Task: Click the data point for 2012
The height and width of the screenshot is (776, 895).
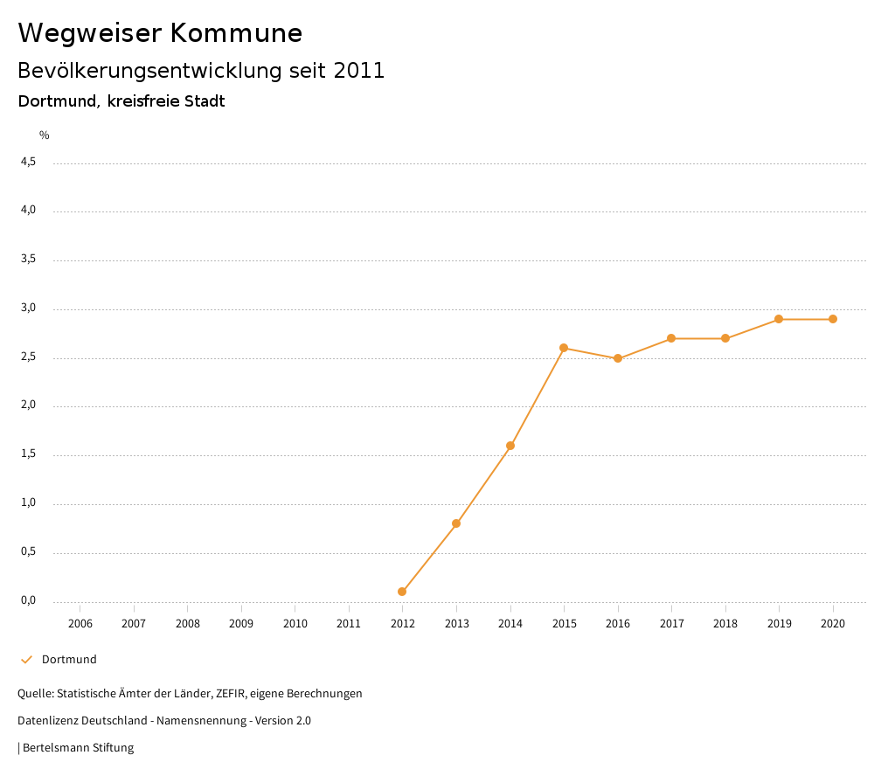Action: coord(402,592)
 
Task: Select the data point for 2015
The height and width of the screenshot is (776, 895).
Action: coord(564,348)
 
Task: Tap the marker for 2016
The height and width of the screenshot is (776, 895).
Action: coord(618,358)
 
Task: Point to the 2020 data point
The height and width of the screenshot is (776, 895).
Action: coord(833,319)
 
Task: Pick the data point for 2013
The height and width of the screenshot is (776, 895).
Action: coord(456,523)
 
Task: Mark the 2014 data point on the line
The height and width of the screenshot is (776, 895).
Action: coord(510,446)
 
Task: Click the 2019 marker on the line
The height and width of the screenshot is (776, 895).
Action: coord(779,319)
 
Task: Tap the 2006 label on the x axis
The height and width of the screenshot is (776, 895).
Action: coord(80,624)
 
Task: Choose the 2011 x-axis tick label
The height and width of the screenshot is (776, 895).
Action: coord(349,624)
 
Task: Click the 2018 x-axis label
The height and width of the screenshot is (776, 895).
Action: coord(725,624)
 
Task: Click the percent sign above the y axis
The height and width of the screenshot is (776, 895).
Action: coord(45,135)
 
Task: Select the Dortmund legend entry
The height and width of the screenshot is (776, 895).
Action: coord(68,660)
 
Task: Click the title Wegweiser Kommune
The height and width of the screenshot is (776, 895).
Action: coord(160,33)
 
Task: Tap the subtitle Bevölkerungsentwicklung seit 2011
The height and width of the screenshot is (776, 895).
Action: coord(201,71)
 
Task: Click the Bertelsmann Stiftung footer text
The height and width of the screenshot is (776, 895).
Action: coord(78,748)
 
